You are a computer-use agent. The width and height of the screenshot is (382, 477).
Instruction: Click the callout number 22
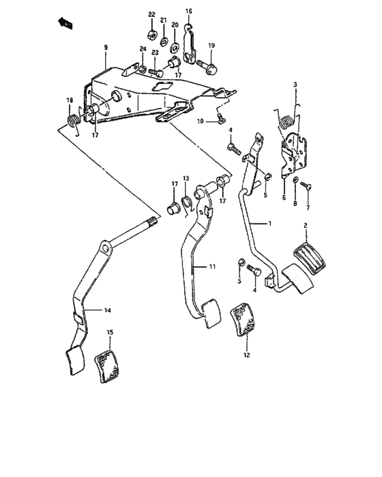(x=151, y=15)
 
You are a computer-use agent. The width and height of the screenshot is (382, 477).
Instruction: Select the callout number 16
(x=189, y=11)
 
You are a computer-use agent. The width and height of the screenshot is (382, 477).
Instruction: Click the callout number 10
(x=201, y=121)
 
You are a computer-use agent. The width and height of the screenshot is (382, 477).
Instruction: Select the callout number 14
(x=107, y=310)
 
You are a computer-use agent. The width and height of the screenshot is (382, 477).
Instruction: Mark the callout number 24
(x=143, y=48)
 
